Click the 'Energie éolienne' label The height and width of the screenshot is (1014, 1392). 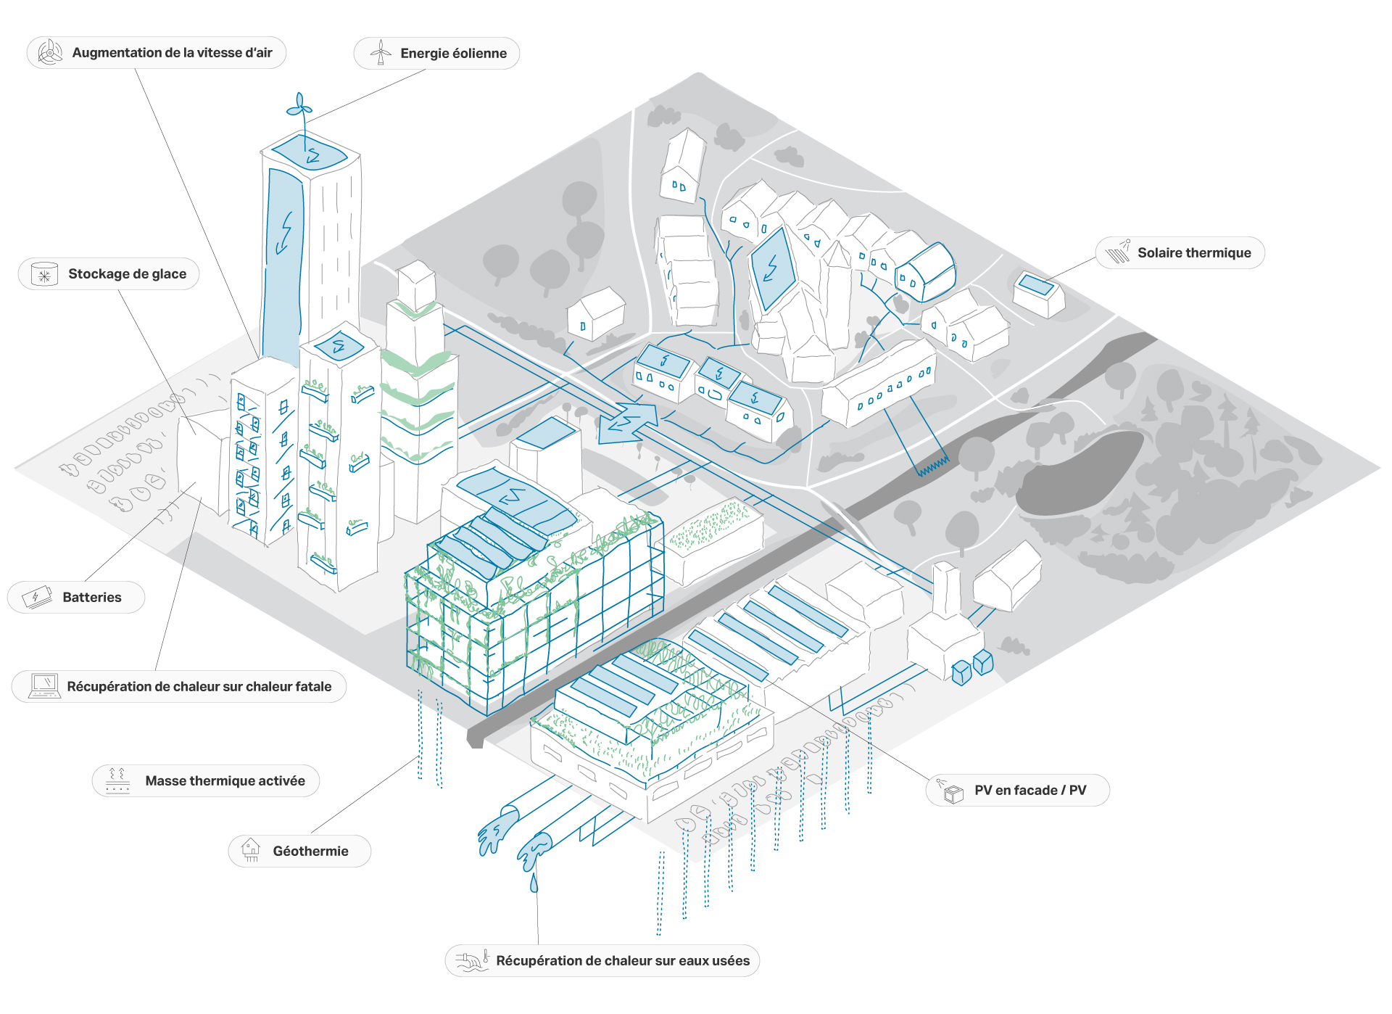[x=453, y=54]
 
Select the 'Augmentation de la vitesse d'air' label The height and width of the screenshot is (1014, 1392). [x=172, y=53]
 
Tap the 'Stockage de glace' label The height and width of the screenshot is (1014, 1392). [x=127, y=274]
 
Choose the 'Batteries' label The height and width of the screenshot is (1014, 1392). [x=91, y=598]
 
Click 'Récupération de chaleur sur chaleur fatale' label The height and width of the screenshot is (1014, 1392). [x=199, y=687]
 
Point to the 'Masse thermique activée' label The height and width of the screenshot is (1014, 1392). [x=225, y=781]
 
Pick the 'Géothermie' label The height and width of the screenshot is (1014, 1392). [x=310, y=852]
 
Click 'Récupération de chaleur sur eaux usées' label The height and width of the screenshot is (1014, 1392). [x=622, y=961]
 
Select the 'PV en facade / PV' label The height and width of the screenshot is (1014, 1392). [x=1029, y=791]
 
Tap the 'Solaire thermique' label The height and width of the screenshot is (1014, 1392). [x=1193, y=253]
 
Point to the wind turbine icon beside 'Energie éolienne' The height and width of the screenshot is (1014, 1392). [x=381, y=53]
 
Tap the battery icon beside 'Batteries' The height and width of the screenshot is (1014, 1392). [x=37, y=597]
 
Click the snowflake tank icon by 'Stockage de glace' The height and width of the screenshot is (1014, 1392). [x=44, y=274]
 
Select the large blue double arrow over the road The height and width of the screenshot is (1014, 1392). [x=628, y=422]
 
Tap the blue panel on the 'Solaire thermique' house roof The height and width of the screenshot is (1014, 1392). [x=1036, y=284]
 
